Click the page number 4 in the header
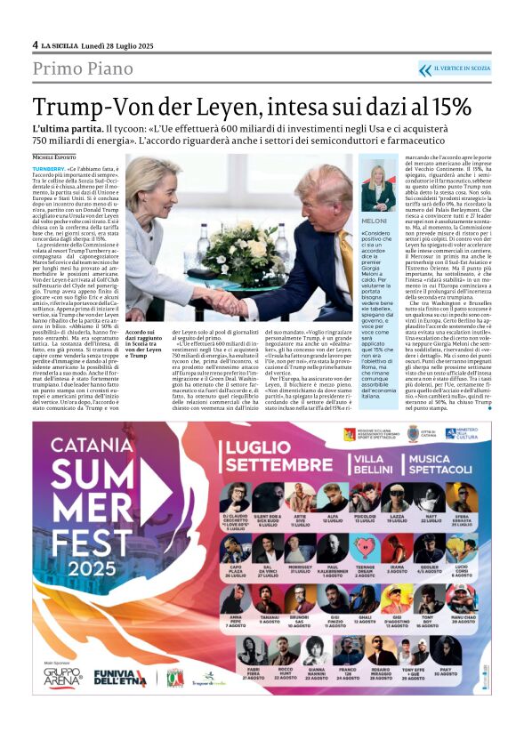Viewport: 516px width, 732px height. pyautogui.click(x=36, y=44)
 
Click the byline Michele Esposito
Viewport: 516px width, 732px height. pyautogui.click(x=56, y=155)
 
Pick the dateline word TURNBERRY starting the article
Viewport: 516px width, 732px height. pyautogui.click(x=49, y=167)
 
